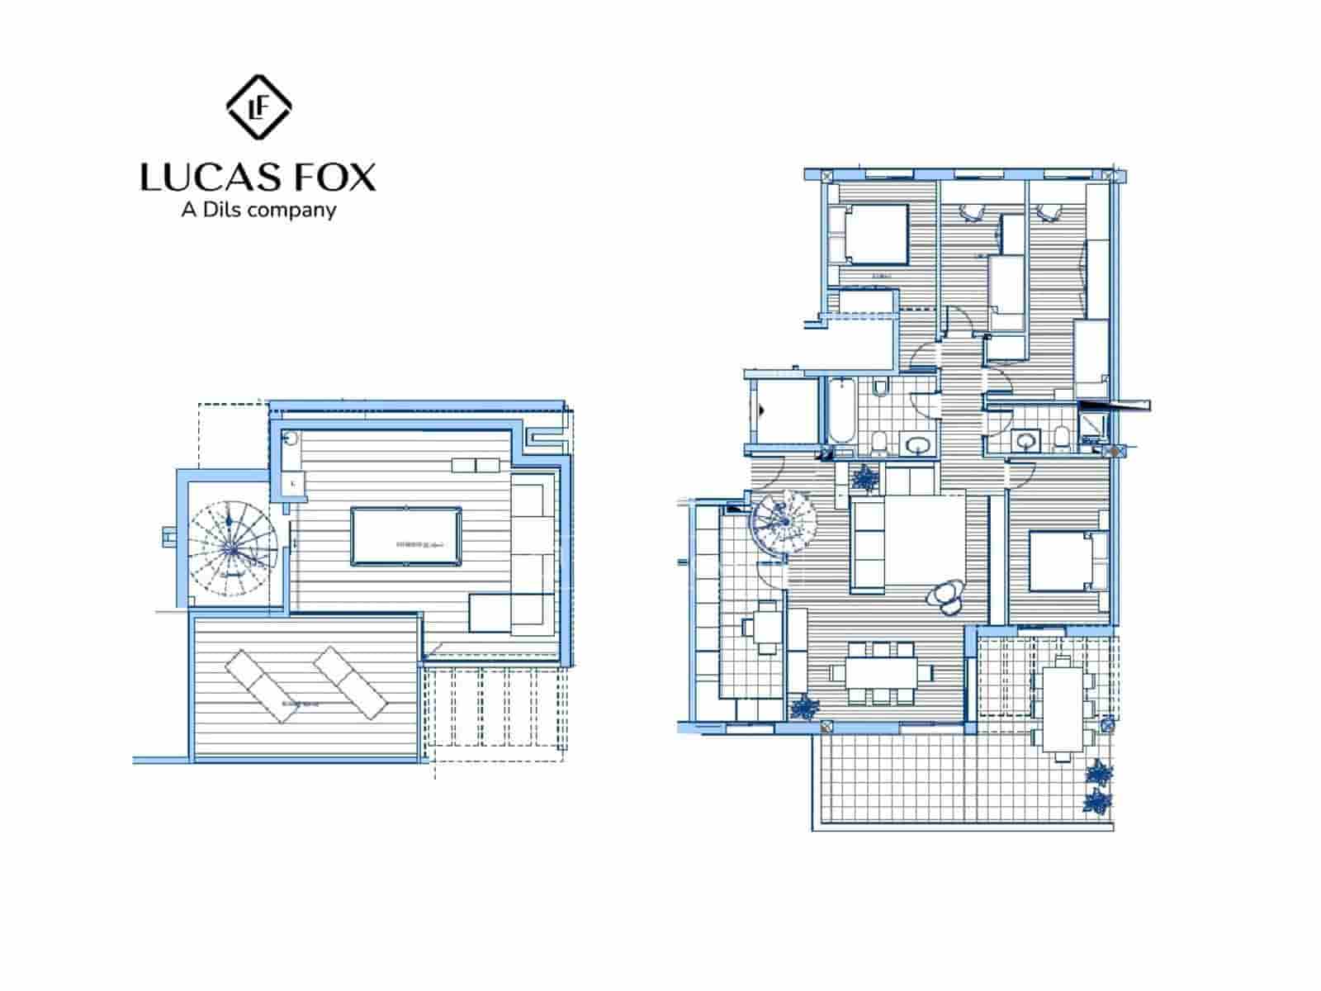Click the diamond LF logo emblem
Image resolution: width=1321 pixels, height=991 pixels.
258,106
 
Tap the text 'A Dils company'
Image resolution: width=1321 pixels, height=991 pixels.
258,210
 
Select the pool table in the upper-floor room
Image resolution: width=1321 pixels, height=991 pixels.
405,537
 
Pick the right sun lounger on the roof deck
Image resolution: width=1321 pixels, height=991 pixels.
351,682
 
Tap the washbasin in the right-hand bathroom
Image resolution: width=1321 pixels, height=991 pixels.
1026,440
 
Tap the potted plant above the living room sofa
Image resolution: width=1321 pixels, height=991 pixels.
864,477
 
